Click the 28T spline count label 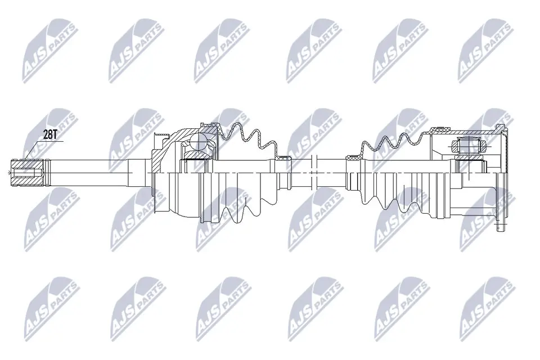coord(50,134)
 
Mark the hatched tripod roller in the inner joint coord(469,147)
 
